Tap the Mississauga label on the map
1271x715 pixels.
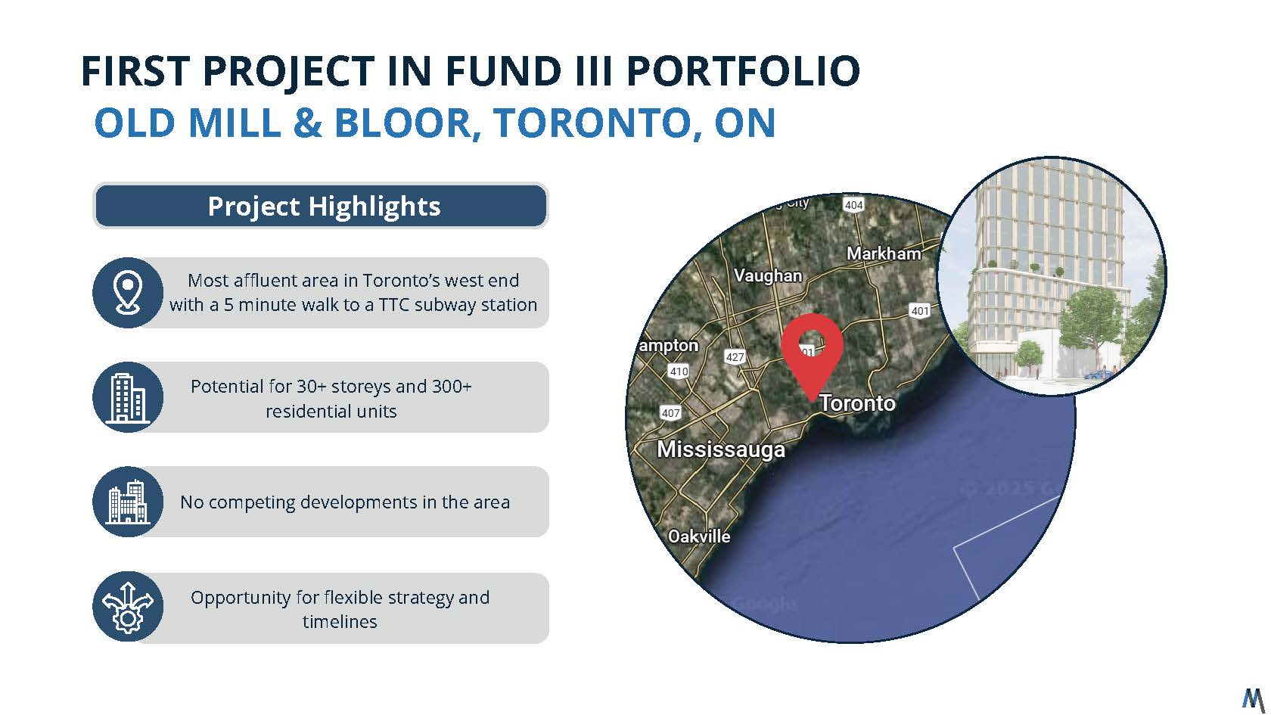(720, 449)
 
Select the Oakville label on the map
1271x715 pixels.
(699, 536)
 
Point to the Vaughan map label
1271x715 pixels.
(768, 275)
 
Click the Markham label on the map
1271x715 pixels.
(884, 253)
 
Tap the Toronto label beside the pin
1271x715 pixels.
(857, 403)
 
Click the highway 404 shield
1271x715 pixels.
(854, 205)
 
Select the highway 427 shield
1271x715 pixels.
(735, 357)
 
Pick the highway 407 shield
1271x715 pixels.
(670, 412)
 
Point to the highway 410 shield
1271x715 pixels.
(679, 371)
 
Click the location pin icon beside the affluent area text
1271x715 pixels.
(128, 292)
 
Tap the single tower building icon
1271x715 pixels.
(128, 397)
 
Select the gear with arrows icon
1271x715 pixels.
(128, 607)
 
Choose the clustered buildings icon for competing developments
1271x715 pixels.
(128, 502)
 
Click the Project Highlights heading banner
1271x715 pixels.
(321, 206)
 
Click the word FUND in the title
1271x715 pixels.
(502, 71)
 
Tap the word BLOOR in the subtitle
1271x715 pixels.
(402, 123)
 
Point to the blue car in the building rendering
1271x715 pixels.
(1099, 375)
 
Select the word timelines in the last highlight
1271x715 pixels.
(339, 621)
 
